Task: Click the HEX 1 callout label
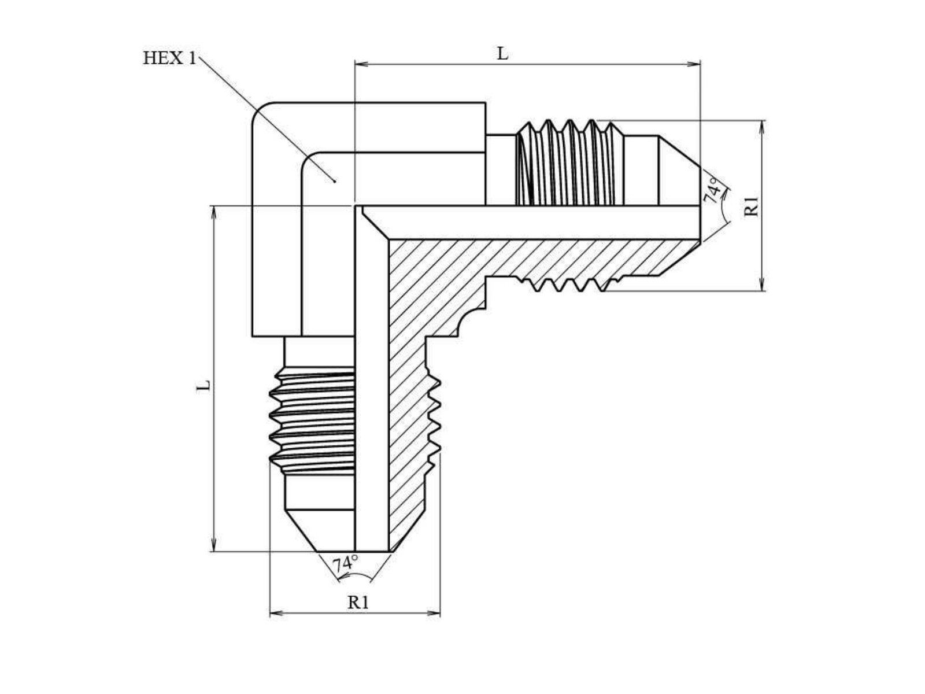[x=169, y=58]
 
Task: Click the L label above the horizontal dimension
[x=502, y=53]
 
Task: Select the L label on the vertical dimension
[x=203, y=386]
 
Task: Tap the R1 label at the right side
[x=751, y=206]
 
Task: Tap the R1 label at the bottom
[x=358, y=602]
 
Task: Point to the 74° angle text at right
[x=713, y=191]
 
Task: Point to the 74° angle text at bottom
[x=345, y=563]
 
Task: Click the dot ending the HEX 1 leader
[x=334, y=182]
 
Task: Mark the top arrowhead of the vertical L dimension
[x=214, y=212]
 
